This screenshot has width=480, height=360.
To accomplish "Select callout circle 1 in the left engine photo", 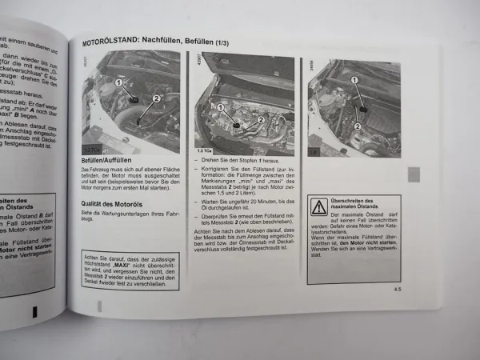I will pos(118,82).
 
